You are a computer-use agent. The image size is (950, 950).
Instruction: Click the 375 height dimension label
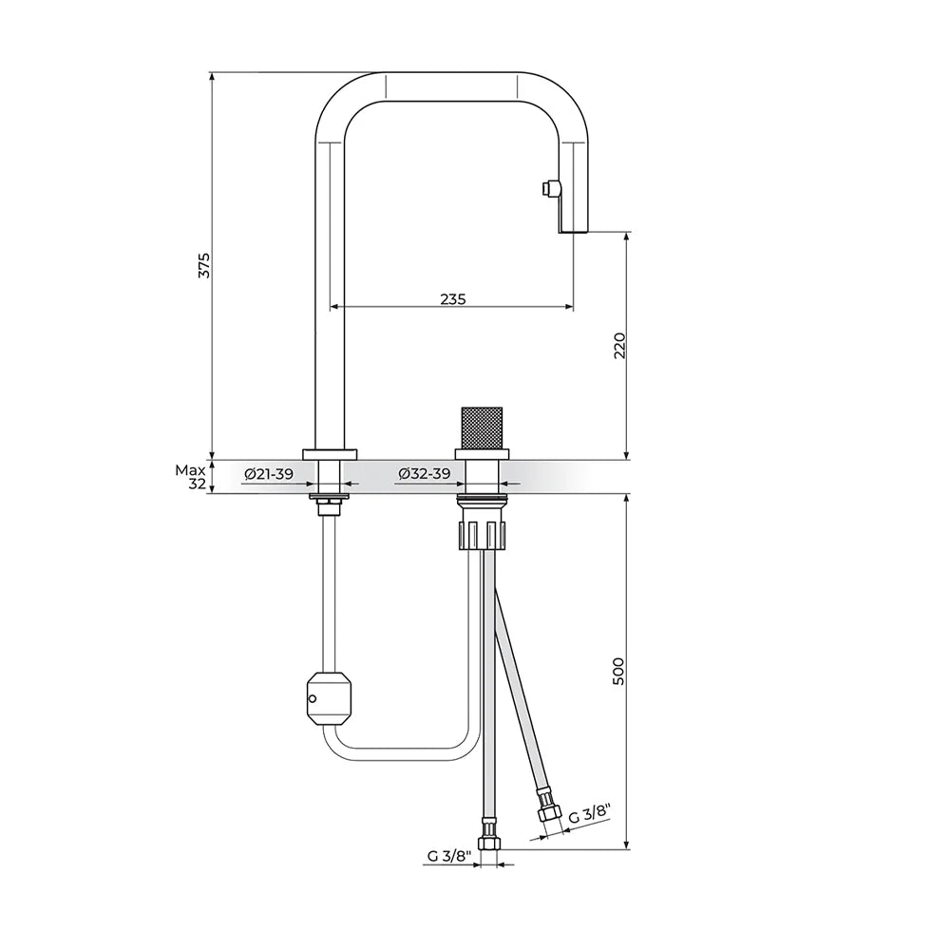point(205,265)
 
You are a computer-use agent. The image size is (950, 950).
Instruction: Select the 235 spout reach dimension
point(452,298)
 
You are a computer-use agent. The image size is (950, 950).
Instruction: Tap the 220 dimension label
point(619,346)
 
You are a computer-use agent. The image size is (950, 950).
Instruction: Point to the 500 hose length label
point(618,672)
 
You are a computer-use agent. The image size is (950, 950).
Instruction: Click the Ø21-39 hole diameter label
point(269,474)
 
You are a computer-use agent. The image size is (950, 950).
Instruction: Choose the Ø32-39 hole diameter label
point(425,474)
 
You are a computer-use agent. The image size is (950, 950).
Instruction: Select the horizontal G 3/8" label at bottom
point(449,856)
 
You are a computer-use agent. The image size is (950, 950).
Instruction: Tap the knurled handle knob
point(483,427)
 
